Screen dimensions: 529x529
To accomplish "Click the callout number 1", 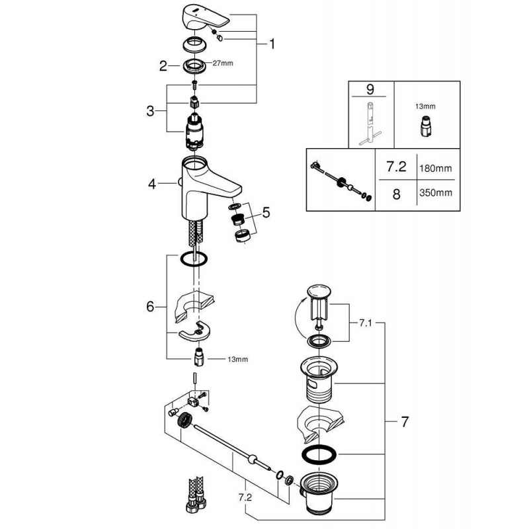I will click(x=272, y=45).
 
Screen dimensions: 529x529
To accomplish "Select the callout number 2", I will click(x=163, y=65).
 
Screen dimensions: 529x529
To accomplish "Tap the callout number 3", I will click(x=150, y=110).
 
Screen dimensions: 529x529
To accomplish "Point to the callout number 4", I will click(x=151, y=185).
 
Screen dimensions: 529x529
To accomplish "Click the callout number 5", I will click(x=266, y=212).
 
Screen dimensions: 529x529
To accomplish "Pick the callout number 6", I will click(x=150, y=307).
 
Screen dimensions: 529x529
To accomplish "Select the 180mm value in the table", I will click(x=437, y=169).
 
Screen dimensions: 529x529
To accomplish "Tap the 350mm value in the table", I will click(x=437, y=193).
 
